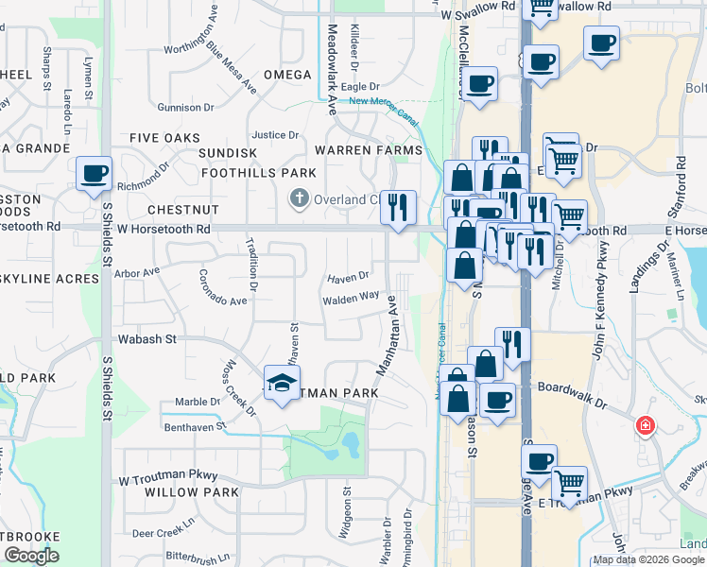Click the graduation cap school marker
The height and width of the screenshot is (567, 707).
(281, 383)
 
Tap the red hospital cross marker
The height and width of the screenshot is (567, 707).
(647, 425)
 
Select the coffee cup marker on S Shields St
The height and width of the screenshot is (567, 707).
(94, 174)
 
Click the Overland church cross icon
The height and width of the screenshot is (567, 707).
(299, 198)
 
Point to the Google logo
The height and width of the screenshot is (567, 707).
(31, 556)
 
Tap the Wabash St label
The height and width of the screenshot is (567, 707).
(147, 338)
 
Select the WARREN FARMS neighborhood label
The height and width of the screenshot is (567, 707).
(368, 150)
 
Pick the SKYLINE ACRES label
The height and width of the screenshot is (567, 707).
(49, 279)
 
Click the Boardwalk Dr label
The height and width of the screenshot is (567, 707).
(571, 387)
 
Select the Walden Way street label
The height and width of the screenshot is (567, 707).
(351, 297)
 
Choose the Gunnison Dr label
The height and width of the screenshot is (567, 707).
(188, 108)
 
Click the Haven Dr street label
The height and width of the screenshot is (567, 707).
(348, 278)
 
